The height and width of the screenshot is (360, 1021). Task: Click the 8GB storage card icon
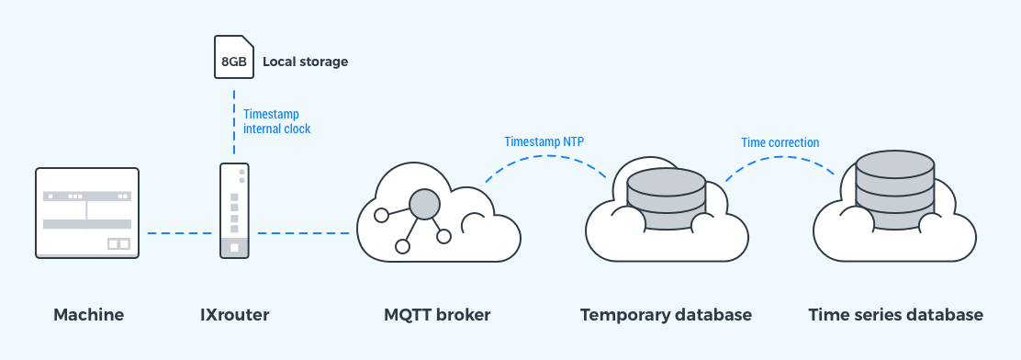coord(233,61)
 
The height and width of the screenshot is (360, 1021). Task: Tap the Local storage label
coord(305,62)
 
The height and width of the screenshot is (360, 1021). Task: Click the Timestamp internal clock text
coord(276,121)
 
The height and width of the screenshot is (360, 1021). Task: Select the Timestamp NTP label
coord(544,142)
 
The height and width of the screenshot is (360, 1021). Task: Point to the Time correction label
coord(780,142)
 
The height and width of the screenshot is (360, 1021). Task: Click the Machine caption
coord(88,315)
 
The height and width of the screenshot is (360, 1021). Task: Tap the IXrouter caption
coord(234,315)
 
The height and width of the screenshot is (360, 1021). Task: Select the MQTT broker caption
coord(437,315)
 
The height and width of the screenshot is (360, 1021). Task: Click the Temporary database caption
coord(666,315)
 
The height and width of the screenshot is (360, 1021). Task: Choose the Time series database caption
coord(895,315)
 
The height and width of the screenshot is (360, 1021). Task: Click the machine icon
coord(86,212)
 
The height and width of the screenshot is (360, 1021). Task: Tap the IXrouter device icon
coord(234,211)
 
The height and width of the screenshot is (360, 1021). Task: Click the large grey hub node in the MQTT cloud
coord(425,204)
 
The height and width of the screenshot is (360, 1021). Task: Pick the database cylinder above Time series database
coord(894,185)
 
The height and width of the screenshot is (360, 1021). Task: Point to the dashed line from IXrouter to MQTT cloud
coord(302,233)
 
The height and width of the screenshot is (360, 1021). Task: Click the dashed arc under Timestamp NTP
coord(545,157)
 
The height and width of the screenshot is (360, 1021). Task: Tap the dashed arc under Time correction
coord(779,157)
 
